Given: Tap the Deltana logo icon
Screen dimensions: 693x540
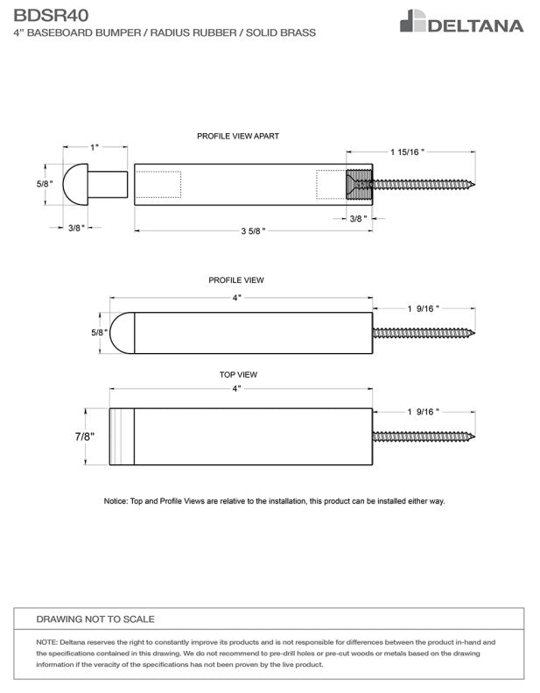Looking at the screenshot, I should pyautogui.click(x=412, y=21).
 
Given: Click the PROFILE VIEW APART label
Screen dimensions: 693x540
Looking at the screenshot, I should pyautogui.click(x=238, y=136).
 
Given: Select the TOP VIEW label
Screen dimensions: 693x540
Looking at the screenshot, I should pyautogui.click(x=238, y=374).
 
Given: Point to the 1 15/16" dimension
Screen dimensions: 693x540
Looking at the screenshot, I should pyautogui.click(x=407, y=152).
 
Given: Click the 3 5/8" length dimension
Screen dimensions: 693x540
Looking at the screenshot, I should pyautogui.click(x=253, y=230).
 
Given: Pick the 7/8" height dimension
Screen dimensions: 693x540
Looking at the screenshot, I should pyautogui.click(x=84, y=436).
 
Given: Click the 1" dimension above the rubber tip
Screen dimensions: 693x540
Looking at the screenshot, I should pyautogui.click(x=95, y=147).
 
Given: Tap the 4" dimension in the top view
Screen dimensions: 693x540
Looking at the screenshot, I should pyautogui.click(x=236, y=388).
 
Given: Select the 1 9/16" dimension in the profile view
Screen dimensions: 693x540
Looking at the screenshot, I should pyautogui.click(x=424, y=308).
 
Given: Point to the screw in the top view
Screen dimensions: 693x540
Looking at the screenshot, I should pyautogui.click(x=424, y=436).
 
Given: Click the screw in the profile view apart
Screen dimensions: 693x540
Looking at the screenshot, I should pyautogui.click(x=424, y=185).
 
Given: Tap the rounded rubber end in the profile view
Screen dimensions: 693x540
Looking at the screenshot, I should pyautogui.click(x=122, y=333).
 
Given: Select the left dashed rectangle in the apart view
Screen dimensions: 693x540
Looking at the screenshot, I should pyautogui.click(x=158, y=185).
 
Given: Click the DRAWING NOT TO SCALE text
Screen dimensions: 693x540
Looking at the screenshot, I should pyautogui.click(x=95, y=619).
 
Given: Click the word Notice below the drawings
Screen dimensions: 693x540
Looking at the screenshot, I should pyautogui.click(x=116, y=501).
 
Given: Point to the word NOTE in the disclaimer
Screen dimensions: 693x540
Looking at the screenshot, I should pyautogui.click(x=47, y=642).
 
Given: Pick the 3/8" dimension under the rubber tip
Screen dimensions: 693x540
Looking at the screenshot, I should pyautogui.click(x=75, y=227).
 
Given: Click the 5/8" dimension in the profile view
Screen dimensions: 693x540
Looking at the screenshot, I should pyautogui.click(x=98, y=333).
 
